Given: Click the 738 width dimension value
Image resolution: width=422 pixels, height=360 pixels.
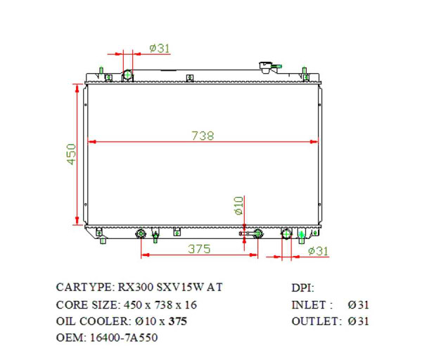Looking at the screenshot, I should (203, 136).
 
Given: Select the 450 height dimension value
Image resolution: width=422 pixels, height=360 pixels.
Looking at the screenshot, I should (71, 154).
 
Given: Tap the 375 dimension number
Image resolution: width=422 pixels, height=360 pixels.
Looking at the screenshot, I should (200, 249).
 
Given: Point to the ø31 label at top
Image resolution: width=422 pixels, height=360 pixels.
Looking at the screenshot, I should (160, 48).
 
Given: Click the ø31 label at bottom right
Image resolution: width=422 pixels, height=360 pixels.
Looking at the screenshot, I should (318, 251).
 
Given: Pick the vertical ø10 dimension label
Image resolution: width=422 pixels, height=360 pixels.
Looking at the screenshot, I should (238, 205).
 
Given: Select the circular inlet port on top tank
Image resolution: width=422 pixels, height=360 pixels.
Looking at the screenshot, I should (127, 75).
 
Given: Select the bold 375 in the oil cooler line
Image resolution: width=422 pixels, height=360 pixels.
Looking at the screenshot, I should (178, 321).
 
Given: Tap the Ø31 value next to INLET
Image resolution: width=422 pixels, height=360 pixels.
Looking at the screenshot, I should (358, 304).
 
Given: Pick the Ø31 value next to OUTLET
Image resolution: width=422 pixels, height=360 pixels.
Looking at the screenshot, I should (358, 321).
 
